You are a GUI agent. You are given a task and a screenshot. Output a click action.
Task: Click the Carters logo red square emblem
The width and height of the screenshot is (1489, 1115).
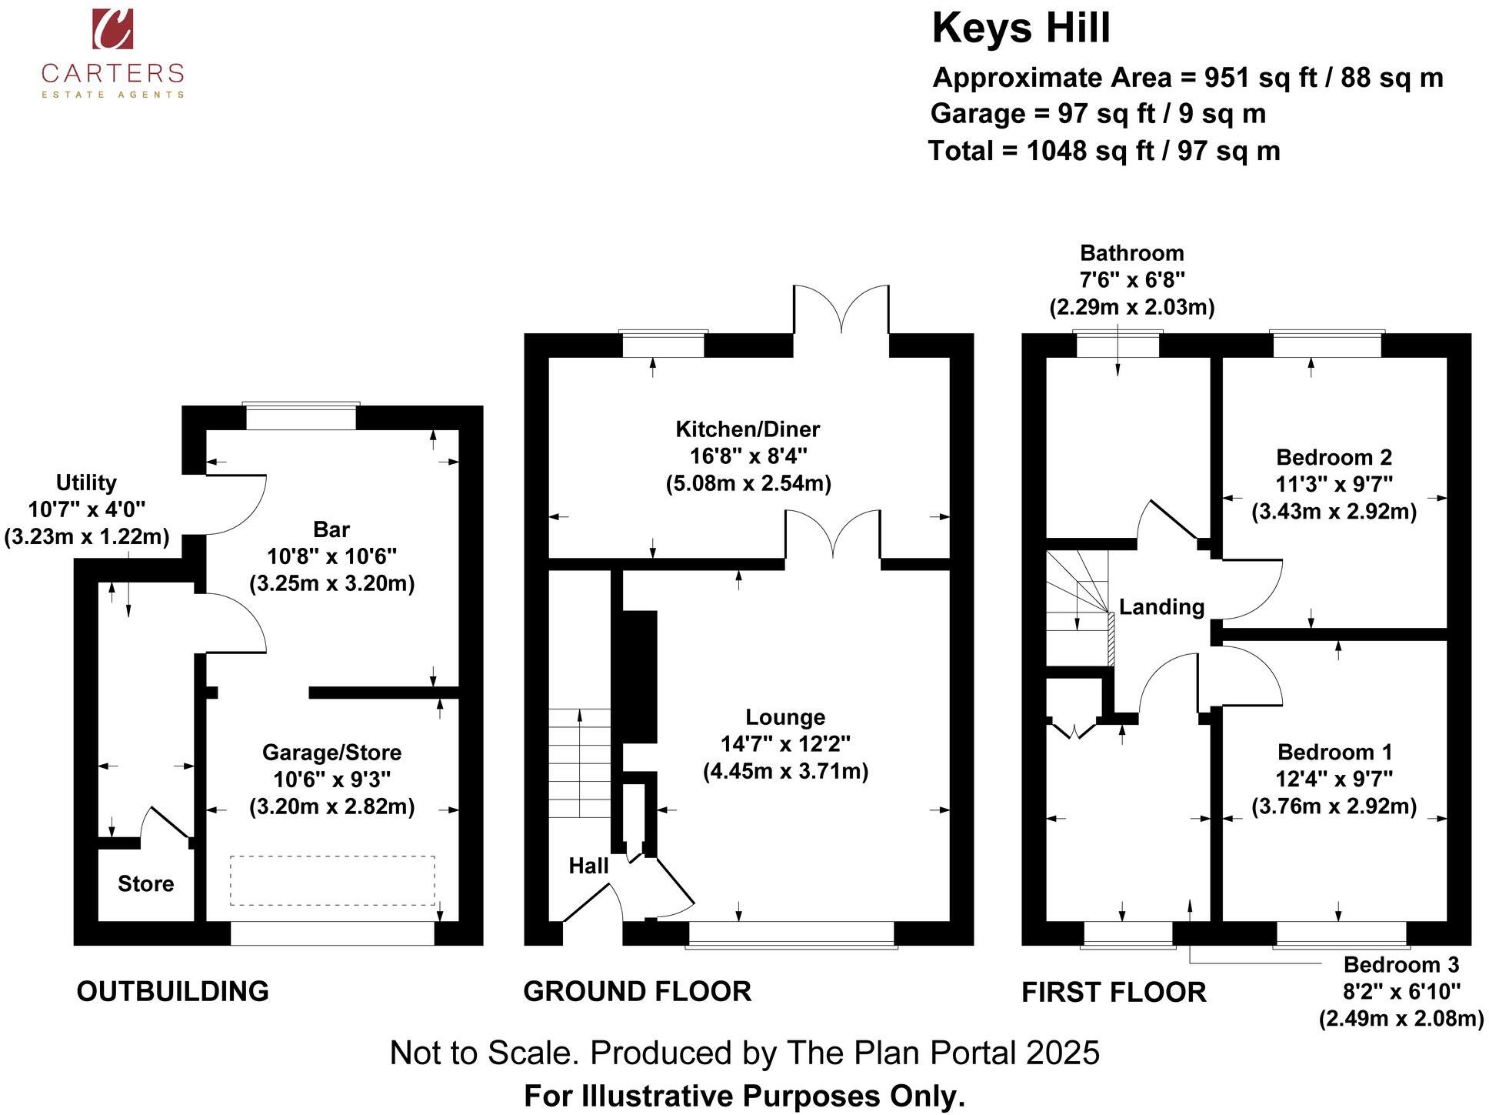click(x=112, y=29)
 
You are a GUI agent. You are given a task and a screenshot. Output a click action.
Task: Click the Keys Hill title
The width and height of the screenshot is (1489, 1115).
click(x=1021, y=28)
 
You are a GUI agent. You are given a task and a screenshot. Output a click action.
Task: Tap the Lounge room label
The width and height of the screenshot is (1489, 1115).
click(x=784, y=717)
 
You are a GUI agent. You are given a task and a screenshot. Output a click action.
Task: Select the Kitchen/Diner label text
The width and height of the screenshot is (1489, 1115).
click(x=747, y=429)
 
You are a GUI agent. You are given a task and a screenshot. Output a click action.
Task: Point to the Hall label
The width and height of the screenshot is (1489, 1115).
click(x=588, y=866)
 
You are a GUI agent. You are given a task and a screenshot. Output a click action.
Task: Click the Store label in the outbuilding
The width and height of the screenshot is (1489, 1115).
click(x=145, y=883)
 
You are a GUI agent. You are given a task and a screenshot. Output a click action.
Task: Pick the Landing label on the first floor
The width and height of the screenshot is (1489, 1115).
click(x=1161, y=607)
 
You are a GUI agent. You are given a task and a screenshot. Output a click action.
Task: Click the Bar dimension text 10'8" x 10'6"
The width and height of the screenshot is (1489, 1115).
click(x=331, y=556)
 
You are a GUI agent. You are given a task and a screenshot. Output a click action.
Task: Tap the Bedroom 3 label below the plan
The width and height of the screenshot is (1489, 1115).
click(x=1401, y=964)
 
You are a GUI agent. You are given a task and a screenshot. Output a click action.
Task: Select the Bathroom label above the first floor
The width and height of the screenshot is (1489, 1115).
click(x=1131, y=253)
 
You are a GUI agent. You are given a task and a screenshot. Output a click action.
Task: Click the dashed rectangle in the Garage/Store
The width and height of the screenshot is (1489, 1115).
click(x=331, y=880)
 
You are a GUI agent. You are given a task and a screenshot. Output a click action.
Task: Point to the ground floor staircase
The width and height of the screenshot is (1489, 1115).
click(x=579, y=762)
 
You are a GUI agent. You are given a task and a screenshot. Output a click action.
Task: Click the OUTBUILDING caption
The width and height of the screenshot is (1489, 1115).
click(x=172, y=991)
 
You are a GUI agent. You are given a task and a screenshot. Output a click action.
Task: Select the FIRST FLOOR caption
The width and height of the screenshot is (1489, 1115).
click(x=1113, y=992)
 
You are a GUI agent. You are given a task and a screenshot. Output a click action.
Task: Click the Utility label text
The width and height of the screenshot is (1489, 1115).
click(x=86, y=482)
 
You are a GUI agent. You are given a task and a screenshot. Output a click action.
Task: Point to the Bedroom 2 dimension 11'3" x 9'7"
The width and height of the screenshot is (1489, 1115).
click(x=1334, y=484)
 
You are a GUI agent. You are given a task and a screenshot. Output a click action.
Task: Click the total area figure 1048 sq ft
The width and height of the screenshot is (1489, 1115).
click(x=1086, y=151)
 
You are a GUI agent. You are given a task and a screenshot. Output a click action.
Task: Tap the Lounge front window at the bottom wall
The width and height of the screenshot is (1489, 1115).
click(x=791, y=933)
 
